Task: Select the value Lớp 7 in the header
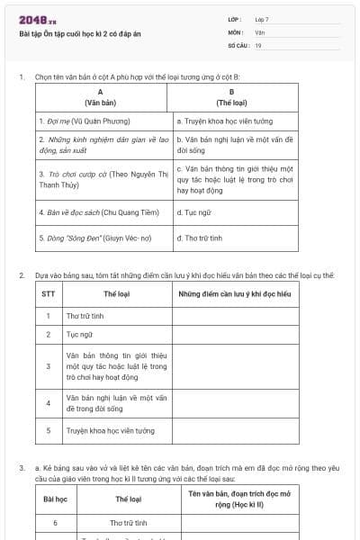262,19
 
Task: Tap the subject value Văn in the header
259,31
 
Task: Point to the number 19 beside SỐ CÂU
258,44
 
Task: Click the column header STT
48,293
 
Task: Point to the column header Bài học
55,499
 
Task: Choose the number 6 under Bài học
55,522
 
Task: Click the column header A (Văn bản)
100,97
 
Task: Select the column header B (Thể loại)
232,97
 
